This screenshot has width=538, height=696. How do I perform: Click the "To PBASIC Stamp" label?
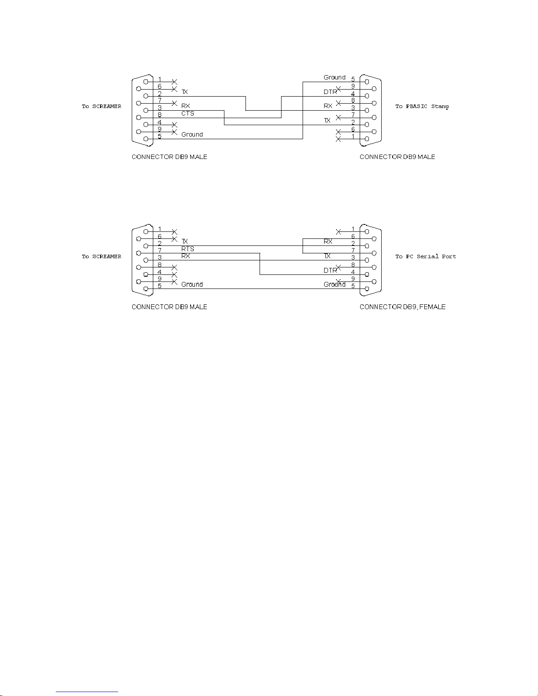point(422,106)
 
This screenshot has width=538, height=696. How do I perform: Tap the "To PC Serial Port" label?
point(426,256)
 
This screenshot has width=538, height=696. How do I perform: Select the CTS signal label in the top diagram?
point(188,113)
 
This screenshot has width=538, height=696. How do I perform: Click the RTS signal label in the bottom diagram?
point(188,249)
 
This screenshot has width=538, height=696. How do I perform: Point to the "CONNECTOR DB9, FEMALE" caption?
point(403,307)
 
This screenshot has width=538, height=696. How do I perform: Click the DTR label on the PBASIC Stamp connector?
point(330,92)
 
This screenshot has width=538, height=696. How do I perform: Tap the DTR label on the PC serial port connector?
point(330,270)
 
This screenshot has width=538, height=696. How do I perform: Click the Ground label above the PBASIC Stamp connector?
point(334,77)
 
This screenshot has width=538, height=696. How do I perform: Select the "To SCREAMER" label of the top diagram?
point(101,106)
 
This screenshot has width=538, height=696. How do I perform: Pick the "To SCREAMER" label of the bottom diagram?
point(101,256)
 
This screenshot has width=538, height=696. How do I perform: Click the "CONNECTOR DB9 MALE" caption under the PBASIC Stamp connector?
point(397,157)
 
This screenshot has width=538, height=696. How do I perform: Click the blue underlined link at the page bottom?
point(87,692)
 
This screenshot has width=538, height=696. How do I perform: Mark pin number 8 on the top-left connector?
point(159,115)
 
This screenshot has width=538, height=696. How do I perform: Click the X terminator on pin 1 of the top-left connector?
point(174,82)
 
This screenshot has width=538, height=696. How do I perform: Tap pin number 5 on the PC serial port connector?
point(353,286)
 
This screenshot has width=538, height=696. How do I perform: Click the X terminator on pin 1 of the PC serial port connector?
point(339,231)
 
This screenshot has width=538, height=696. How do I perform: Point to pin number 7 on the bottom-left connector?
point(159,250)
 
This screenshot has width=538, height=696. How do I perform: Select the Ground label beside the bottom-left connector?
point(192,285)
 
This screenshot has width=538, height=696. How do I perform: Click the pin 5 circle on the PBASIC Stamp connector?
point(367,82)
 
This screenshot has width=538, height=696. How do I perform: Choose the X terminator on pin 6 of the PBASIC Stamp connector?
point(339,132)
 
